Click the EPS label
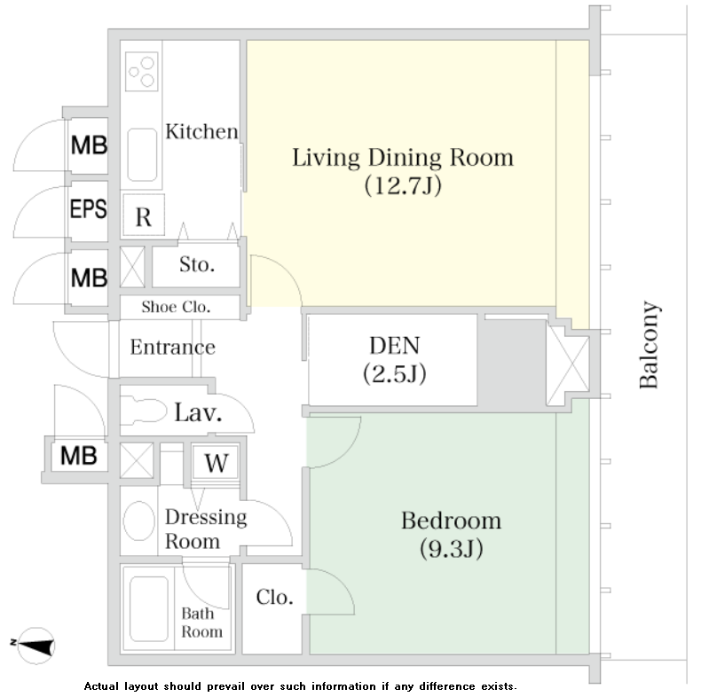[x=89, y=208]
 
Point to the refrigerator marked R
[x=144, y=215]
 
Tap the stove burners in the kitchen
[x=142, y=72]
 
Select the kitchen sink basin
[x=142, y=154]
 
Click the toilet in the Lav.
[x=144, y=411]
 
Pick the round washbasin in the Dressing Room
[x=139, y=521]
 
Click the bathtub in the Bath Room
[x=149, y=608]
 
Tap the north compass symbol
[x=35, y=646]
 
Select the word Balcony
[x=649, y=344]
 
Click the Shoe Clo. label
[x=176, y=307]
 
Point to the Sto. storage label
[x=197, y=264]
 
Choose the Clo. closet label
[x=274, y=597]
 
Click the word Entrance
[x=172, y=347]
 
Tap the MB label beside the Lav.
[x=79, y=456]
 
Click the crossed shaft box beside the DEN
[x=568, y=365]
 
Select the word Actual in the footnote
[x=102, y=685]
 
